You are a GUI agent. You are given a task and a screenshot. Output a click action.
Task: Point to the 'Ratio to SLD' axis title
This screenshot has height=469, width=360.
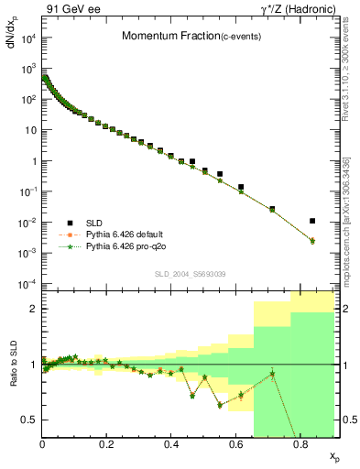[x=13, y=376]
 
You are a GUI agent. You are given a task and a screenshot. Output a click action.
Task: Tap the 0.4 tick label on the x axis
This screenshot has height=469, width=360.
[x=171, y=444]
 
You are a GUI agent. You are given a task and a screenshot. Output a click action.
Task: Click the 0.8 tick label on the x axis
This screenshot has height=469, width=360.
[x=300, y=444]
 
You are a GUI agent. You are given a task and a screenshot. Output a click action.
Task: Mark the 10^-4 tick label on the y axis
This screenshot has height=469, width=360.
[x=28, y=284]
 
